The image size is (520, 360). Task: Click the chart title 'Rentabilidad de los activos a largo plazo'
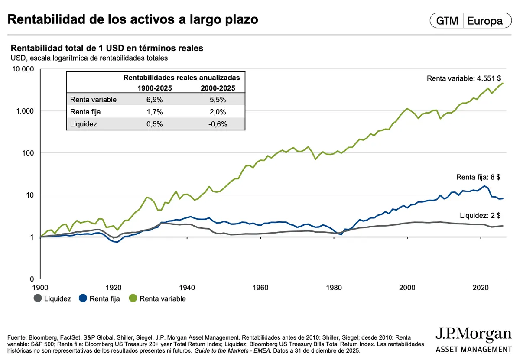133,19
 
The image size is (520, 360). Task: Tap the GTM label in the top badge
447,21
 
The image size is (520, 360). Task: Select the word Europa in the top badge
485,21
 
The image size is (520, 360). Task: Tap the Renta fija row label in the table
86,112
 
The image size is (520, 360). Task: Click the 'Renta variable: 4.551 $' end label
464,78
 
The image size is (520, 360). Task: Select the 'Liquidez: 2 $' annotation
480,215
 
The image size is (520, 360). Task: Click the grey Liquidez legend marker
38,298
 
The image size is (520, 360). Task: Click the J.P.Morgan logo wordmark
473,334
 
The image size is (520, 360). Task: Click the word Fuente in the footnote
18,337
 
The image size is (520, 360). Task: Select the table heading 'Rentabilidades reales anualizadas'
182,78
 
